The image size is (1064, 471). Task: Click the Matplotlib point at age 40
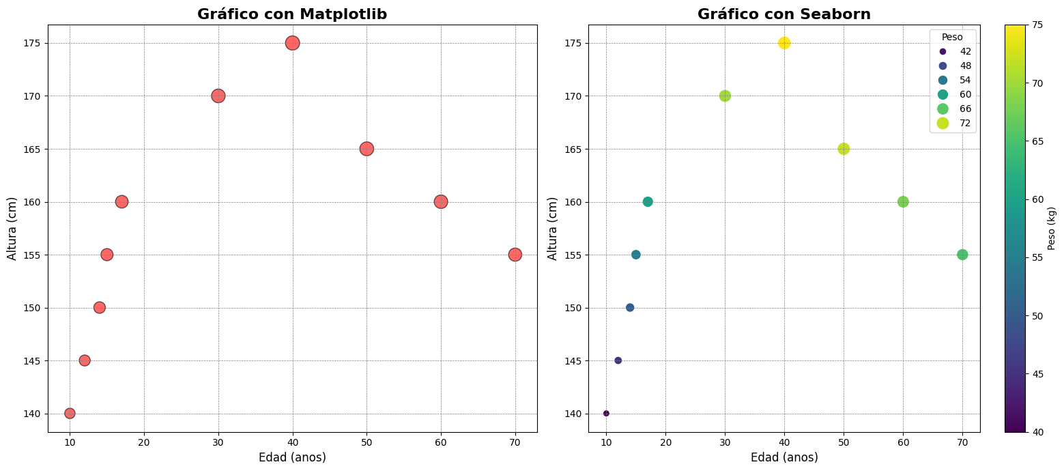tap(292, 43)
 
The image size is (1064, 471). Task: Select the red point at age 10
tap(70, 413)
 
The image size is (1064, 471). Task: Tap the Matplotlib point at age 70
tap(515, 255)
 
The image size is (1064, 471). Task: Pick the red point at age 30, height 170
tap(218, 96)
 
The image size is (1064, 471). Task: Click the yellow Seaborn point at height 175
tap(784, 43)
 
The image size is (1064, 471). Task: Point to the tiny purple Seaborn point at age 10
tap(606, 413)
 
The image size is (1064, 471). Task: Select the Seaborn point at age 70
tap(962, 255)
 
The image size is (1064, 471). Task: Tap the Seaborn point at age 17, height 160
tap(648, 201)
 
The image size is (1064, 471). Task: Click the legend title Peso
tap(952, 37)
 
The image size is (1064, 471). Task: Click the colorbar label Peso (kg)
tap(1052, 229)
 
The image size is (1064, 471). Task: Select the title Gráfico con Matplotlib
tap(292, 14)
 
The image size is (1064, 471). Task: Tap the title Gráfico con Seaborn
tap(784, 14)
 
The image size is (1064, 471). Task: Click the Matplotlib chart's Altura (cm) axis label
tap(12, 229)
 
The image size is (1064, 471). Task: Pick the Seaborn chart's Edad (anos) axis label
tap(784, 457)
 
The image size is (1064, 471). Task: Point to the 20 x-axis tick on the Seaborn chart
tap(665, 443)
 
